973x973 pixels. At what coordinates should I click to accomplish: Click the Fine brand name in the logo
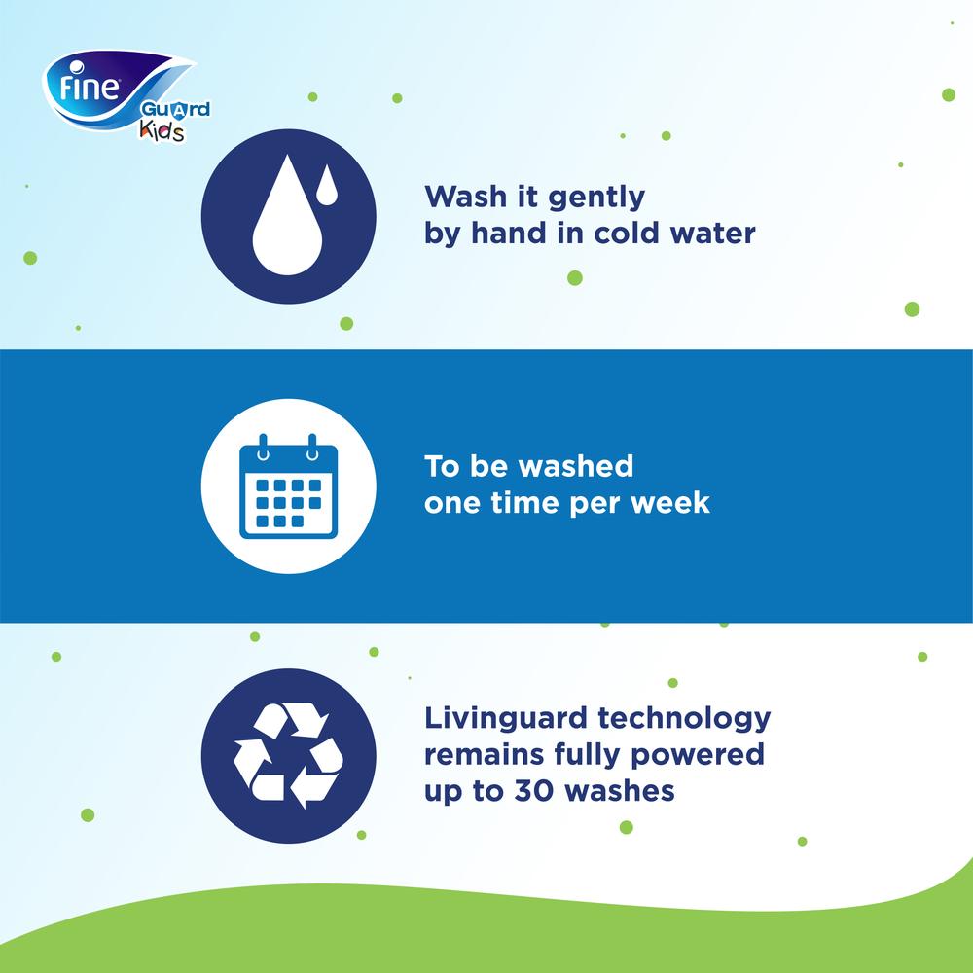pos(89,87)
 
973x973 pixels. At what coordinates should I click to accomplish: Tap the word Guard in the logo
pos(175,111)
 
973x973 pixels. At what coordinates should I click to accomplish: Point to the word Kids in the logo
pos(162,130)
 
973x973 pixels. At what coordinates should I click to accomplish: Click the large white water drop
pos(287,215)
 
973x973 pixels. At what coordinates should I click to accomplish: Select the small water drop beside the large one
pos(327,185)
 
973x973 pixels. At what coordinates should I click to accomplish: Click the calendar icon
pos(289,486)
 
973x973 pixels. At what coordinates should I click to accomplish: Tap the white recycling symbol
pos(289,755)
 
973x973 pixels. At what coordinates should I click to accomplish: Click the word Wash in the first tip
pos(465,197)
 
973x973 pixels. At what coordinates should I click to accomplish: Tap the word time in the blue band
pos(525,503)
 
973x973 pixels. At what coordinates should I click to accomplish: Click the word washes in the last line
pos(619,791)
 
